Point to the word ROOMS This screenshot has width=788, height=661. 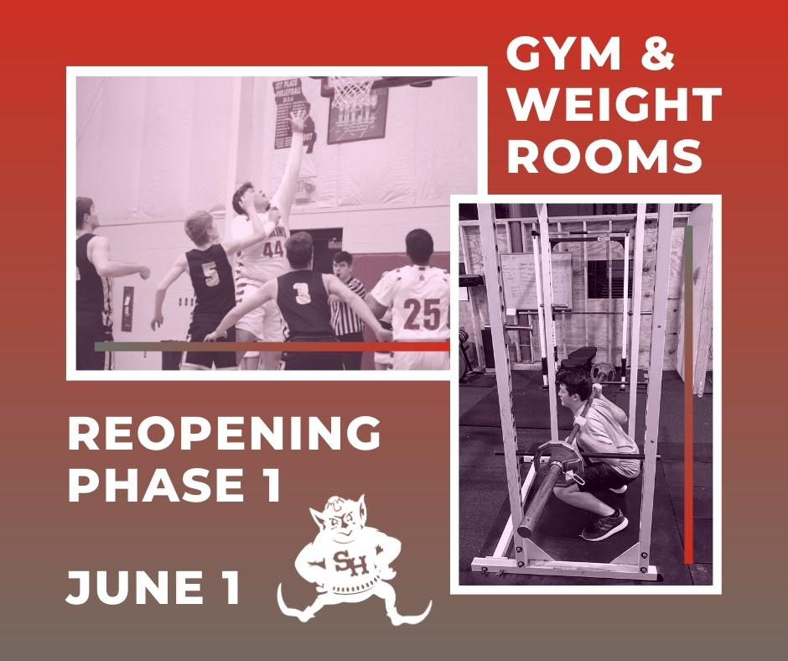tap(604, 156)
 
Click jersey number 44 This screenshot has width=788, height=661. tap(273, 249)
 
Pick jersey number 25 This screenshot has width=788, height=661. tap(423, 314)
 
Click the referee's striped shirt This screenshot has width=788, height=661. tap(348, 305)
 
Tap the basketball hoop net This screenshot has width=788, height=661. tap(353, 92)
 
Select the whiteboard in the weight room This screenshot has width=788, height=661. tap(537, 280)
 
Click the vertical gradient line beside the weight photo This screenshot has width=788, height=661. tap(688, 394)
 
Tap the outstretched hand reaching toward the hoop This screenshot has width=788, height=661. tap(298, 121)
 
